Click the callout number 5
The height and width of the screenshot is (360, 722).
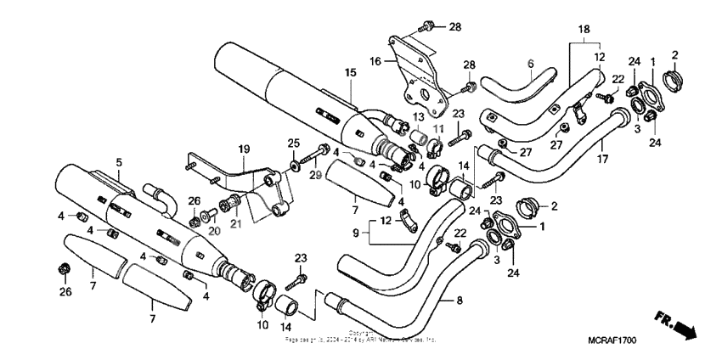119,162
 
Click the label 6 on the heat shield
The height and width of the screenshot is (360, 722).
529,63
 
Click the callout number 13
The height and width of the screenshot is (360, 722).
418,115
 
